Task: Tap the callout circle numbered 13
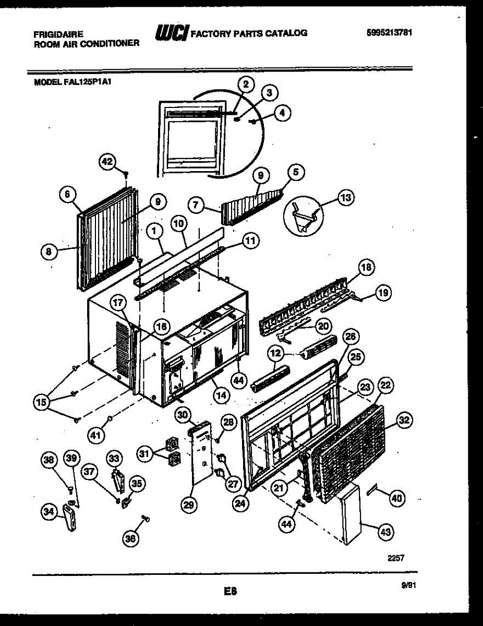tap(345, 198)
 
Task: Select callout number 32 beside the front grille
tap(405, 419)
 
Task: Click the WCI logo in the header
tap(171, 33)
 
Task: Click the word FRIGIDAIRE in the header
tap(58, 33)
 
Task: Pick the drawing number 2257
tap(396, 558)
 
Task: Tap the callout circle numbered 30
tap(182, 415)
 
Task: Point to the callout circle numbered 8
tap(49, 252)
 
